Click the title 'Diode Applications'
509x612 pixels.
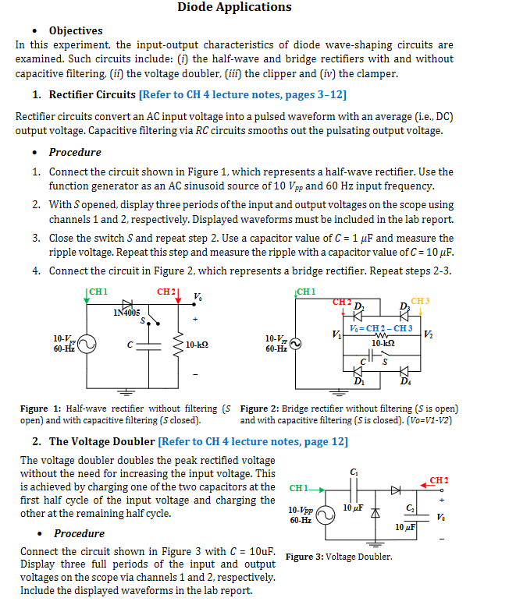coord(234,8)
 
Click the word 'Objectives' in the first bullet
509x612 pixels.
coord(76,30)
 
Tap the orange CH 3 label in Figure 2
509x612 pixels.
coord(420,300)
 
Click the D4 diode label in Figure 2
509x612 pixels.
coord(405,381)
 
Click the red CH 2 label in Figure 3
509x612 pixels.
coord(439,479)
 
